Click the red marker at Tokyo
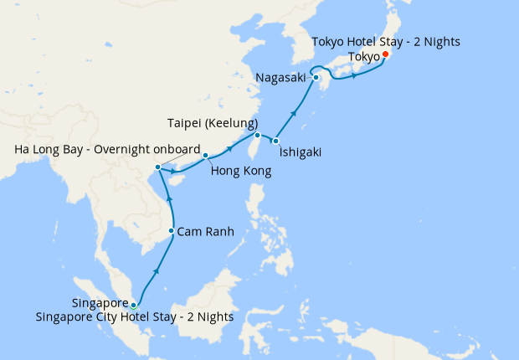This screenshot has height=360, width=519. click(384, 55)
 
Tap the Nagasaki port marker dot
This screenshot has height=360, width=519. click(316, 79)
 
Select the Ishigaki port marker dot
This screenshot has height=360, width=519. click(275, 141)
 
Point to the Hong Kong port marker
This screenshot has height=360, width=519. click(205, 155)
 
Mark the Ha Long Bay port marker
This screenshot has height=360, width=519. click(157, 170)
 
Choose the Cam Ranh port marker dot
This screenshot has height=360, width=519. click(172, 231)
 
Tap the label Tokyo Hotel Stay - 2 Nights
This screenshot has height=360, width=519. click(385, 41)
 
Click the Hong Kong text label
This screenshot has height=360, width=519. click(240, 171)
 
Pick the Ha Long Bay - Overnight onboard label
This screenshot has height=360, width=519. click(108, 150)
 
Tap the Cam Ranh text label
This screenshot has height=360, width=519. click(206, 231)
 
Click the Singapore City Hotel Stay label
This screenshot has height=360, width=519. click(135, 317)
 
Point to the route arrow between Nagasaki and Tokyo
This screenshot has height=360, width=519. click(355, 76)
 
